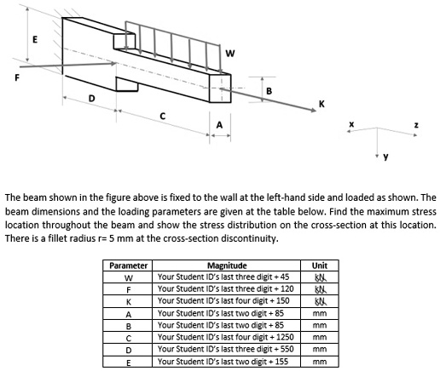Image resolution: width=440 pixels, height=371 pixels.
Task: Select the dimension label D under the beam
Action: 91,100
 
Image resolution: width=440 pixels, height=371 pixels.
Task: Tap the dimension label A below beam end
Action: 219,125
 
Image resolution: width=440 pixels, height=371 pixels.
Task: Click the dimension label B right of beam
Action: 269,91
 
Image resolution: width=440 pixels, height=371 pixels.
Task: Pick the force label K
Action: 321,104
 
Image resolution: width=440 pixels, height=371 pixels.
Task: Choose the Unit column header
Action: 320,265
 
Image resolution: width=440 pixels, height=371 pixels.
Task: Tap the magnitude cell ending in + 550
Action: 225,349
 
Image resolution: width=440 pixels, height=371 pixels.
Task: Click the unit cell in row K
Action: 320,300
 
